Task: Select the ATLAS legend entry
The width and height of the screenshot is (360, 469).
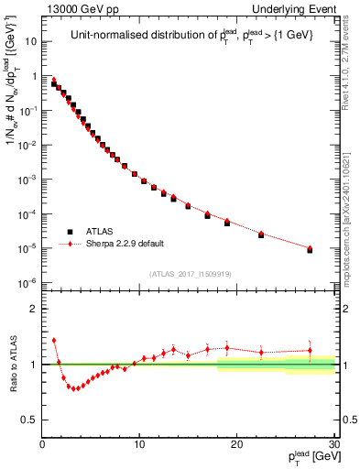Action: point(100,232)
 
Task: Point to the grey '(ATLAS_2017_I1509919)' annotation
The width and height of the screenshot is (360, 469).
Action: point(191,272)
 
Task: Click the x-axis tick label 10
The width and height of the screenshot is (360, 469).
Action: point(138,444)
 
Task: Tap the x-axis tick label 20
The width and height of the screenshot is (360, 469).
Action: point(236,444)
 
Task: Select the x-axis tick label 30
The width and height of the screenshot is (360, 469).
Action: point(333,444)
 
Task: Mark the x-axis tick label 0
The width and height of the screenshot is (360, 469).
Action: point(42,444)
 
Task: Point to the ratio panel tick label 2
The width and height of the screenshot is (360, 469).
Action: point(32,309)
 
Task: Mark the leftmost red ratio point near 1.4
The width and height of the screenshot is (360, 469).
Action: point(54,340)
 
